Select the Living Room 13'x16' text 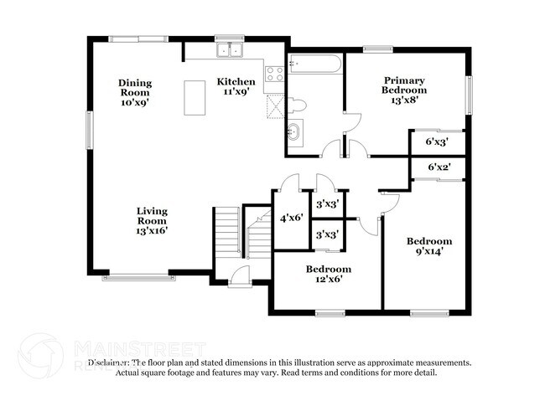pos(153,220)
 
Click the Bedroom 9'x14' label pos(429,244)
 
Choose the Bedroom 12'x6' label pos(328,274)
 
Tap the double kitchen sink pos(228,52)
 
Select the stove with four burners pos(274,76)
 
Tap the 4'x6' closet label pos(291,218)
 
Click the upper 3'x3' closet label pos(326,203)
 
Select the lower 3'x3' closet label pos(326,235)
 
